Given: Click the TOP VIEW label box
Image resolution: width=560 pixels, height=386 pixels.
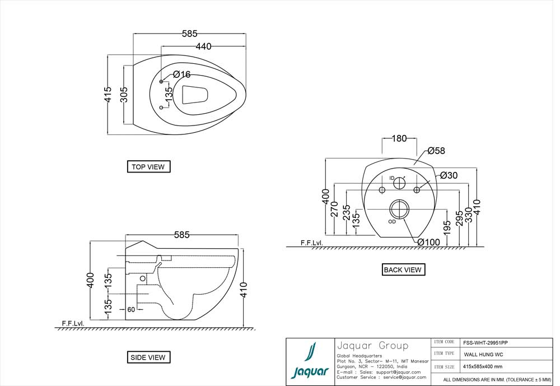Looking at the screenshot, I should click(x=148, y=166).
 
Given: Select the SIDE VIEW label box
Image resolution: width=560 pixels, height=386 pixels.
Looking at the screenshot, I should click(x=148, y=357).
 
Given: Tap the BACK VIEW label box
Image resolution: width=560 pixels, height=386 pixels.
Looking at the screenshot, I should click(x=403, y=269).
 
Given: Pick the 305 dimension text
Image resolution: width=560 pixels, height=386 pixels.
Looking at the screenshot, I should click(x=124, y=94).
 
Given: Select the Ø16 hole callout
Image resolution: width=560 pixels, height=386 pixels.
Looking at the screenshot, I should click(x=181, y=75).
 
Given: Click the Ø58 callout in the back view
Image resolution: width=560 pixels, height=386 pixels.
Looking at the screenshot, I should click(x=436, y=151).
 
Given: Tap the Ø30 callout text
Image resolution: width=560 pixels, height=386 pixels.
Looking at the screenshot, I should click(x=449, y=175).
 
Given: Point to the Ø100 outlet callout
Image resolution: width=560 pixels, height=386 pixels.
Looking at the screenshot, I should click(x=428, y=242).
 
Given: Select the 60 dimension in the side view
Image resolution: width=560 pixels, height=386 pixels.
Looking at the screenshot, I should click(x=131, y=309).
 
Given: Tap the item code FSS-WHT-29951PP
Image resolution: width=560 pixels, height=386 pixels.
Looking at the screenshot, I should click(x=485, y=342).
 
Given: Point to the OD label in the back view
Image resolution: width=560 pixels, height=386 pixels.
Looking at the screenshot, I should click(x=392, y=221).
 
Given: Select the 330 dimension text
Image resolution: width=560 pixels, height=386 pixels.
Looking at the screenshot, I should click(x=468, y=215).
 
